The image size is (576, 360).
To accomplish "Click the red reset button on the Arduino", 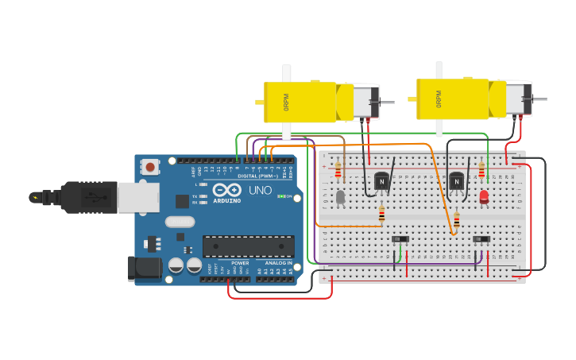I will (x=149, y=167).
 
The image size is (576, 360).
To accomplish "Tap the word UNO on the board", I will (x=260, y=191).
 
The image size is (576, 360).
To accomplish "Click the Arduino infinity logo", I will (x=226, y=190).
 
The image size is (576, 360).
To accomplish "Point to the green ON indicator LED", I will (x=281, y=196).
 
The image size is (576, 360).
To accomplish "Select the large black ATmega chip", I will (x=248, y=246).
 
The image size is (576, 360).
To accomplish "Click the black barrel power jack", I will (x=145, y=269).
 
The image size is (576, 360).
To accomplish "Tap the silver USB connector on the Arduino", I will (x=137, y=197).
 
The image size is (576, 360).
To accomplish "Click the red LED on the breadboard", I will (x=484, y=195).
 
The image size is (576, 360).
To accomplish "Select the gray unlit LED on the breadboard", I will (x=340, y=196).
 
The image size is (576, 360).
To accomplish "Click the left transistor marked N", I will (x=381, y=182).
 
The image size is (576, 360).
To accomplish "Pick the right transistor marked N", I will (x=456, y=182).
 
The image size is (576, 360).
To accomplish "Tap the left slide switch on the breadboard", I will (x=400, y=239).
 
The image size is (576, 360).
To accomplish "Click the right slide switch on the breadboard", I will (x=481, y=239).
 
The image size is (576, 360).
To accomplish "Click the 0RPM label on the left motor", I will (x=286, y=103).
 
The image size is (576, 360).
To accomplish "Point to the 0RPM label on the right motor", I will (x=438, y=99).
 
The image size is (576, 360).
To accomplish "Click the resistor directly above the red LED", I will (x=481, y=170).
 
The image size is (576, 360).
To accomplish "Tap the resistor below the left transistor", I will (x=381, y=214).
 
